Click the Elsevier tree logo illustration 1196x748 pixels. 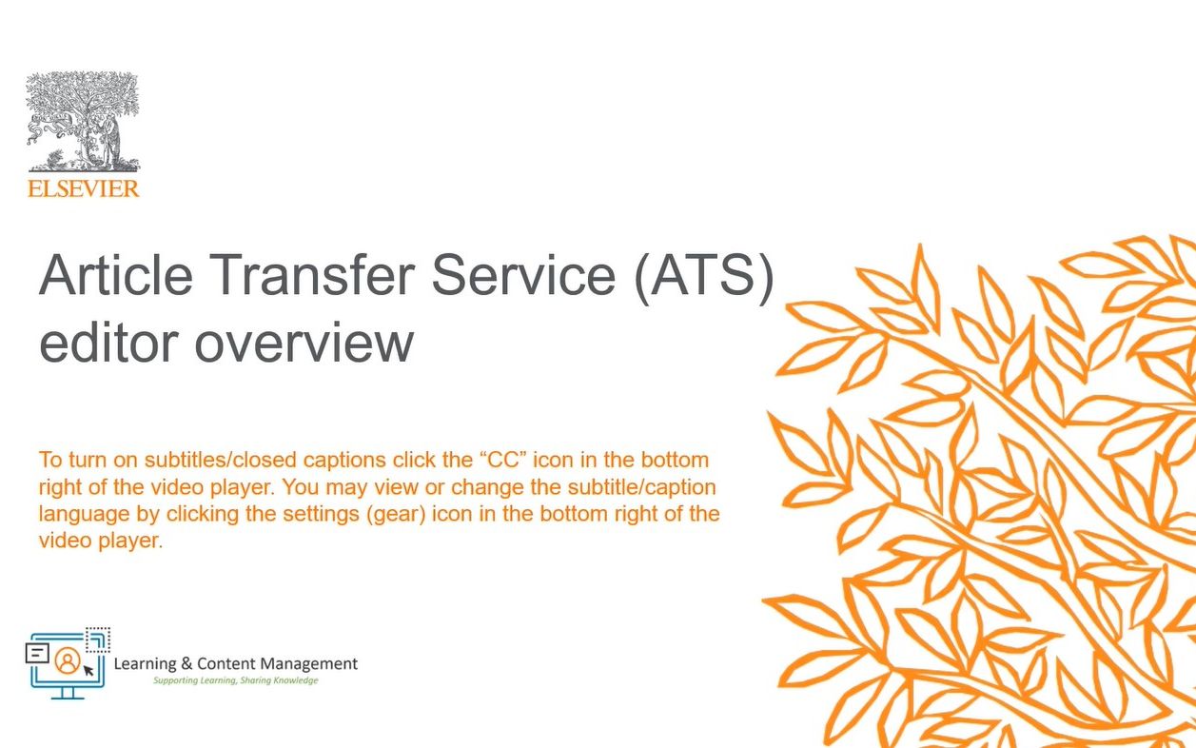[x=83, y=122]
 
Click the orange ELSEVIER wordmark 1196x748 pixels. [x=83, y=188]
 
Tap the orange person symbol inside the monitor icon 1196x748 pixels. [x=67, y=659]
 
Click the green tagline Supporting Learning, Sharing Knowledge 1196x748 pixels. [x=236, y=681]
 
